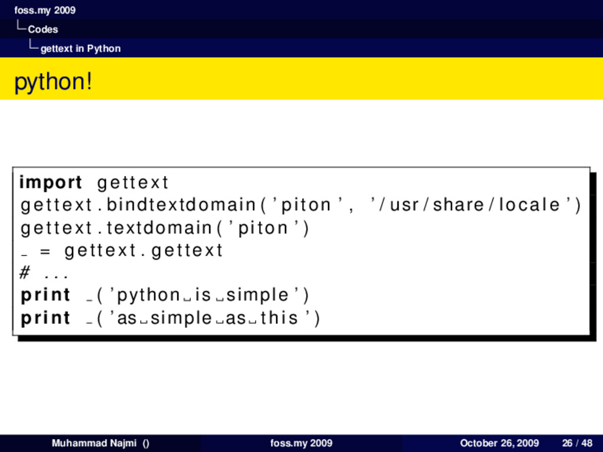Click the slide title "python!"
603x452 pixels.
pyautogui.click(x=53, y=81)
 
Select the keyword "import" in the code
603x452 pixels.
pyautogui.click(x=51, y=182)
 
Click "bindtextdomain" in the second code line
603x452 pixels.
pyautogui.click(x=181, y=205)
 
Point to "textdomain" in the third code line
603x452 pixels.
pyautogui.click(x=159, y=227)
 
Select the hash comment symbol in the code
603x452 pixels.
pyautogui.click(x=25, y=273)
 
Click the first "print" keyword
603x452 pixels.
pyautogui.click(x=45, y=295)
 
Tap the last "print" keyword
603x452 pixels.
pyautogui.click(x=45, y=318)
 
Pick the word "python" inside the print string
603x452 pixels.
pyautogui.click(x=148, y=295)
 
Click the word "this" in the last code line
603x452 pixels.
pyautogui.click(x=279, y=318)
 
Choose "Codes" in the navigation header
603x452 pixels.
pyautogui.click(x=42, y=29)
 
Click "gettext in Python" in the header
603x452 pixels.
pyautogui.click(x=80, y=48)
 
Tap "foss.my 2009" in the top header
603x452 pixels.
pyautogui.click(x=45, y=10)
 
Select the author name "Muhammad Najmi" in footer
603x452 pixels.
pyautogui.click(x=94, y=443)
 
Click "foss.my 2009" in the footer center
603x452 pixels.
pyautogui.click(x=301, y=443)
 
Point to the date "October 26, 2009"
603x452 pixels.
pyautogui.click(x=499, y=443)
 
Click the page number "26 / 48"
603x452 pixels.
pyautogui.click(x=577, y=443)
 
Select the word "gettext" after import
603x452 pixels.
pyautogui.click(x=132, y=182)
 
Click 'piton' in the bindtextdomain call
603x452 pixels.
pyautogui.click(x=306, y=205)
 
